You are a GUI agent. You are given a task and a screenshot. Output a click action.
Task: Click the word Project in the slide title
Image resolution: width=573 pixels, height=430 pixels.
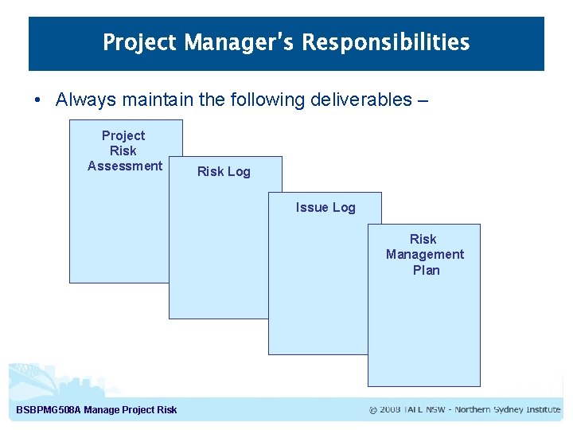click(x=140, y=42)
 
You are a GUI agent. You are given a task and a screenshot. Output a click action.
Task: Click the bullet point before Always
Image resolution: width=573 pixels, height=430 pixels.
click(x=38, y=100)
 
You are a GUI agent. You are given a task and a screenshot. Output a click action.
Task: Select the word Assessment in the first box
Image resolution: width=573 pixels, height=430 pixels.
click(x=125, y=166)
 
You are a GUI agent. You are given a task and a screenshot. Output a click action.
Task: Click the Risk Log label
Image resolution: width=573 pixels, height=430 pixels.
click(x=224, y=171)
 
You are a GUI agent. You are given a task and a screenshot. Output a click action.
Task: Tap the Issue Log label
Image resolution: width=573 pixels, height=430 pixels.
click(x=325, y=207)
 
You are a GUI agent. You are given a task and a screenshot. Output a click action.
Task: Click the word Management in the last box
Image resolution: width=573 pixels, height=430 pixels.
click(x=425, y=254)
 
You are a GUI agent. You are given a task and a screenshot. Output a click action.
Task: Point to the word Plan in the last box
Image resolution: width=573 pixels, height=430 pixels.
click(x=426, y=270)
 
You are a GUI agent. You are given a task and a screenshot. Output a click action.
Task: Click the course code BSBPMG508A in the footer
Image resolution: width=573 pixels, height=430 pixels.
click(x=49, y=410)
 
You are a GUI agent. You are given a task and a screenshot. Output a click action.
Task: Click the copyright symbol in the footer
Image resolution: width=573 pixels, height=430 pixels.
click(x=373, y=410)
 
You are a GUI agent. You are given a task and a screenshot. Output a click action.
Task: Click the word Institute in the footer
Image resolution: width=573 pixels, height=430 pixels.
click(x=543, y=410)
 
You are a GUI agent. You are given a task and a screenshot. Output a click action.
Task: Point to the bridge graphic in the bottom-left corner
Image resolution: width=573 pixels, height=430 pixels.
click(x=32, y=378)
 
